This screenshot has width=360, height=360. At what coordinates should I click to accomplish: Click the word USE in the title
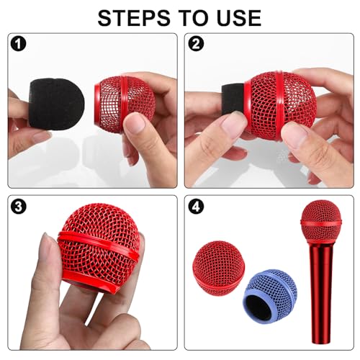pos(239,18)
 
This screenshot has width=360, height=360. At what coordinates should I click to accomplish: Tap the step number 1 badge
pos(19,44)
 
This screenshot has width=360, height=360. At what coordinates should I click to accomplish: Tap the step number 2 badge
pos(196,44)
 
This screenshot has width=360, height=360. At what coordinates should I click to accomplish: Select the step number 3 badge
pos(19,207)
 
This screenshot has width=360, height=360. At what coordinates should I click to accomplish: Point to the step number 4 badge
pos(196,207)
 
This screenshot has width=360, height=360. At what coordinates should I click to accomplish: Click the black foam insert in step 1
pos(56,104)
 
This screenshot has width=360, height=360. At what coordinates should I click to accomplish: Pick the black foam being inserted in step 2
pos(233,99)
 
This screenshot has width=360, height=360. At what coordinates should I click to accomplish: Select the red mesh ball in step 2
pos(280,106)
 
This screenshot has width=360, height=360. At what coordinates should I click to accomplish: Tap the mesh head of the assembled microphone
pos(320,220)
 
